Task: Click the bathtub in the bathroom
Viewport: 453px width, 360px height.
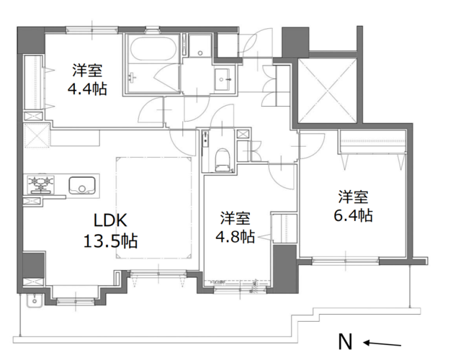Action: [x=153, y=48]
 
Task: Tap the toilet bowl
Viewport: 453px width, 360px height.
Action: [x=223, y=160]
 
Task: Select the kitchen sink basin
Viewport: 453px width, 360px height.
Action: [x=82, y=186]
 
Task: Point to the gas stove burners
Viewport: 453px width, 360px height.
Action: [x=41, y=184]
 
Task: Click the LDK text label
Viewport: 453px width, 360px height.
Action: [x=110, y=221]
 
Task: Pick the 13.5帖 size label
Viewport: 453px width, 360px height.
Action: [x=110, y=240]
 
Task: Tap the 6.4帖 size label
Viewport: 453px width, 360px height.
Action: [x=353, y=215]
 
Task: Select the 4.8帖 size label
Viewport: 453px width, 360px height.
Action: [x=236, y=236]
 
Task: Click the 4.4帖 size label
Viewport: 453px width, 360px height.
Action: [x=87, y=89]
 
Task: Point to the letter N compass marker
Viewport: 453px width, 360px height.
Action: [x=345, y=342]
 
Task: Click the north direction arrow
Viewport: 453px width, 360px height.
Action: [x=382, y=343]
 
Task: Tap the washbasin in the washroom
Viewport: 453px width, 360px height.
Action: [x=223, y=79]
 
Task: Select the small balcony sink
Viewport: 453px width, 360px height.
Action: [x=35, y=301]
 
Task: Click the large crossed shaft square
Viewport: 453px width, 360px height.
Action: [x=328, y=90]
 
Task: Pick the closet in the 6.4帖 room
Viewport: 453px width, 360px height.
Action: [x=372, y=142]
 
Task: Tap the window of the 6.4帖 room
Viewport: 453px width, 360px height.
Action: [x=346, y=261]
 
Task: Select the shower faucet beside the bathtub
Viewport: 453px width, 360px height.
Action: [x=133, y=78]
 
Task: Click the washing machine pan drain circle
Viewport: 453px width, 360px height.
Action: [x=200, y=53]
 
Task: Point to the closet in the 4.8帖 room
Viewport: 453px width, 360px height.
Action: [x=284, y=228]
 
